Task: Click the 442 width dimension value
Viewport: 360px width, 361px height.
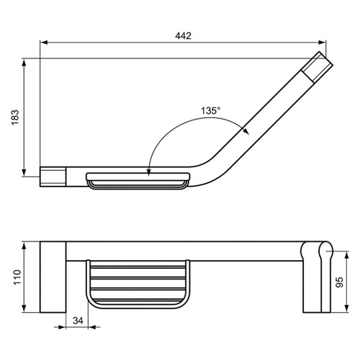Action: [183, 36]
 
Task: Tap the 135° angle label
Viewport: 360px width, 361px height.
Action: [211, 111]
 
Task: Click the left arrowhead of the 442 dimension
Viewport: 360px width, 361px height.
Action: [43, 44]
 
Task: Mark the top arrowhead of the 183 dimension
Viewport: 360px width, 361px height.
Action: [26, 62]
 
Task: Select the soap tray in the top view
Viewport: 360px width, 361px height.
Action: [138, 180]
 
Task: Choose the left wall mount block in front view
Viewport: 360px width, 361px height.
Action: [53, 277]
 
